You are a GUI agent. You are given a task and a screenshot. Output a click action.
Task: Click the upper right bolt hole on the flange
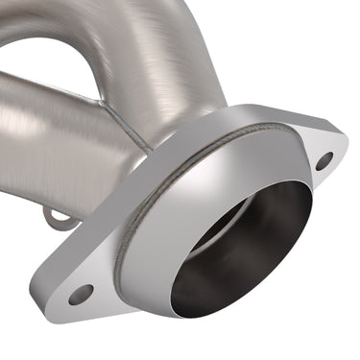coord(324,160)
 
